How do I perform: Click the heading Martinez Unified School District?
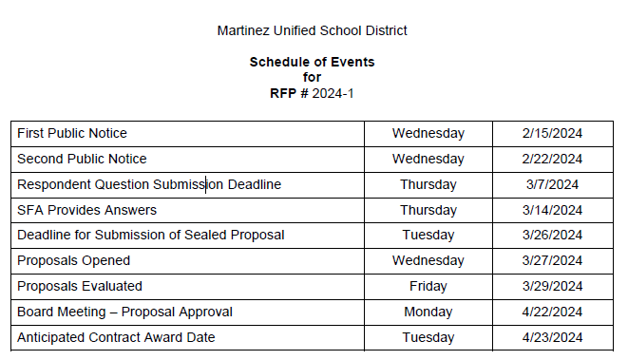tap(313, 30)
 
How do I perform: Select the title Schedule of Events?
tap(312, 62)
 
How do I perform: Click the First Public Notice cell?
tap(72, 133)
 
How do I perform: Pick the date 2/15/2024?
tap(552, 133)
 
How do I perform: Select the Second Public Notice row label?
tap(82, 159)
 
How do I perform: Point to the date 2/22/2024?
tap(552, 159)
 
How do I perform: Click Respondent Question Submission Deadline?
tap(149, 184)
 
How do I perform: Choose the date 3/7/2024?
tap(552, 184)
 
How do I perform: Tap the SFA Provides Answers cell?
tap(86, 210)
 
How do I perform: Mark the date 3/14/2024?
tap(552, 210)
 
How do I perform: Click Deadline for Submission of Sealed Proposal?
tap(151, 235)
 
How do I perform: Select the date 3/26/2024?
tap(552, 235)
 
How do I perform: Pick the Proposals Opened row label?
tap(74, 260)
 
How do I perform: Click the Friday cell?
tap(428, 286)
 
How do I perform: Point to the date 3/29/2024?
tap(552, 286)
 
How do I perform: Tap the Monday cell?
tap(428, 312)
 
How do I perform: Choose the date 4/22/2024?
tap(552, 312)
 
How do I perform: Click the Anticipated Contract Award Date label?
tap(116, 337)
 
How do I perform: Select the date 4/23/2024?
tap(552, 337)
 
